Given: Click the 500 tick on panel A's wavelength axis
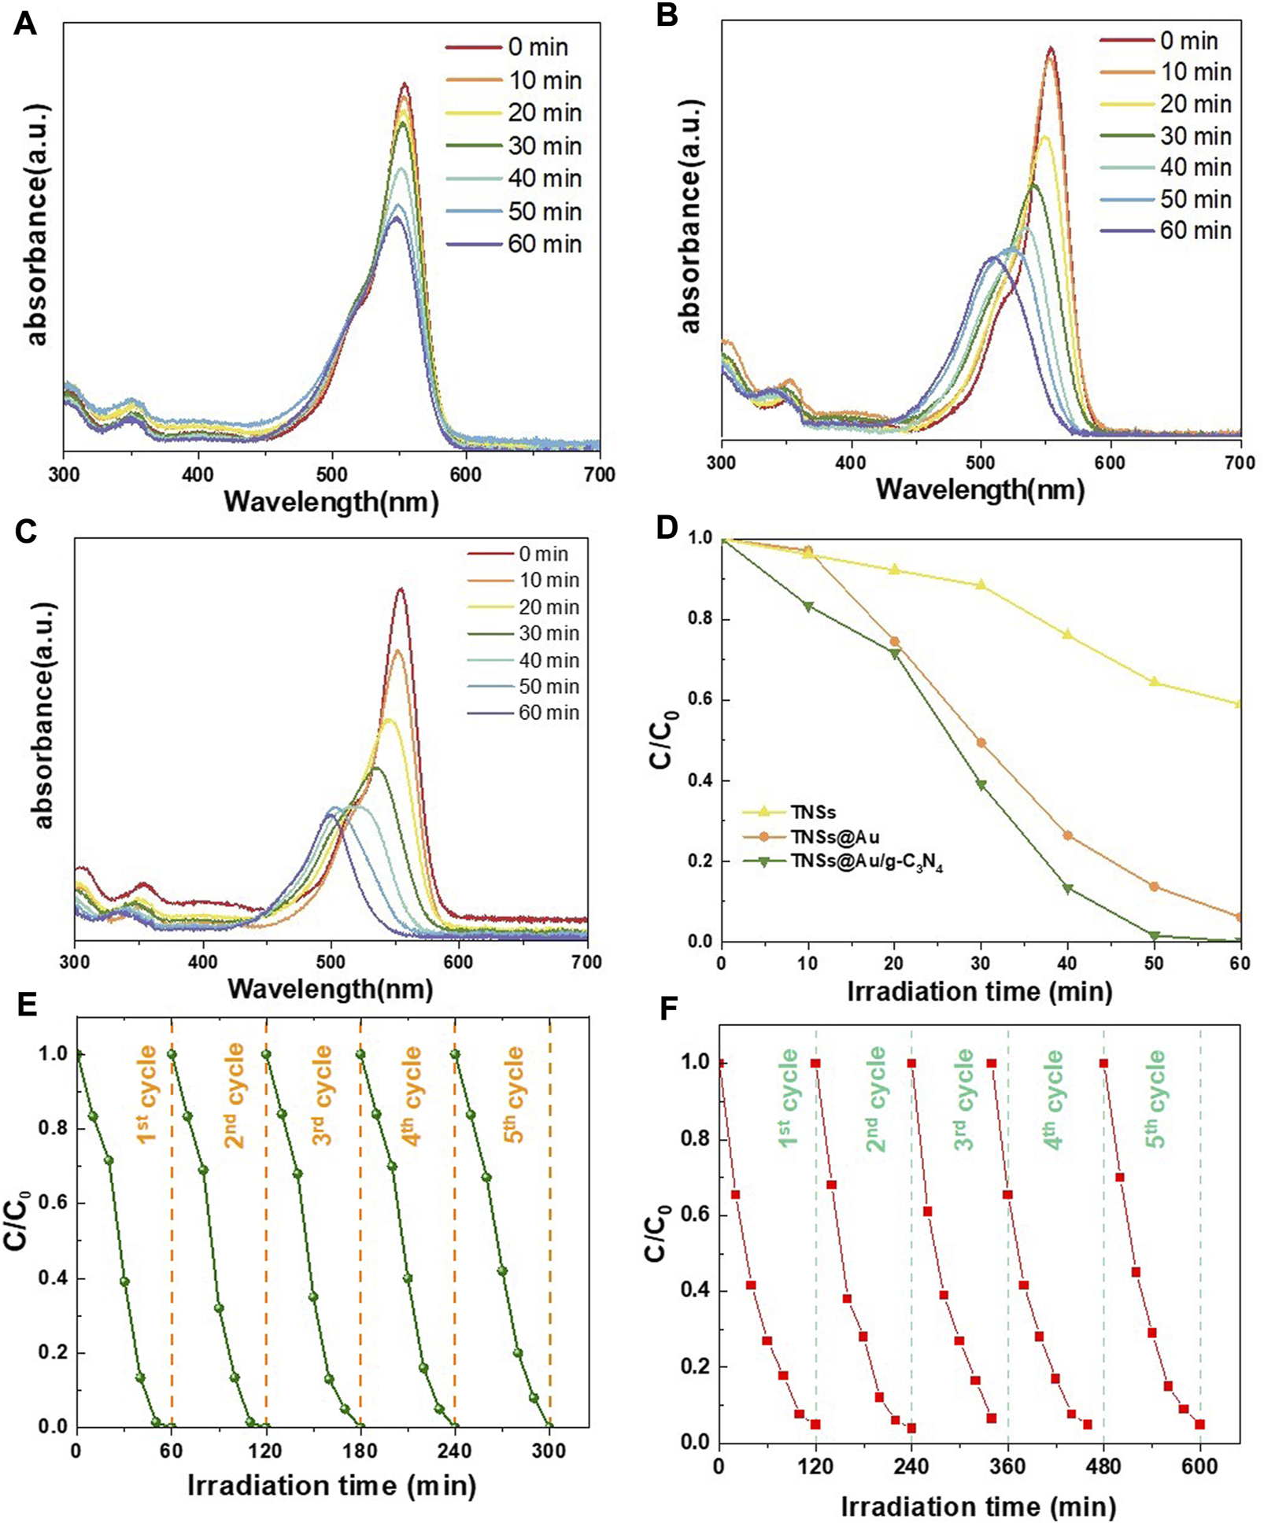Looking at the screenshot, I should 332,474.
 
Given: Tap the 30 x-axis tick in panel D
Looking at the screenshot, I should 981,963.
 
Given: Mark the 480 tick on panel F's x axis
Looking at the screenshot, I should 1103,1466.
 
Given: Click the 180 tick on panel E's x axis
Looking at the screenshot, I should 360,1450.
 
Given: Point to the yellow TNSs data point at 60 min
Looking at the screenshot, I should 1239,704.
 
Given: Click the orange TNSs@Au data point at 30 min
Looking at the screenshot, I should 981,742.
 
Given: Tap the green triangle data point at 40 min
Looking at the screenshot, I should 1067,889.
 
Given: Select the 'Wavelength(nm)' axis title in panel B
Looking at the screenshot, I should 980,489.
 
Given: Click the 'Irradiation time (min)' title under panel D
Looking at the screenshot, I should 980,991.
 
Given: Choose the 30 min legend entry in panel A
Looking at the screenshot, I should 544,146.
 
